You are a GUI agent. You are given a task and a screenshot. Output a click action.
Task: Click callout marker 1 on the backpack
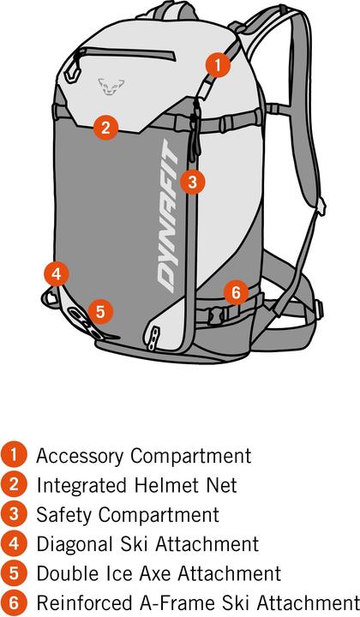(x=218, y=63)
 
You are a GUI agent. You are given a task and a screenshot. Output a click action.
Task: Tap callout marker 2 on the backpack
(x=105, y=128)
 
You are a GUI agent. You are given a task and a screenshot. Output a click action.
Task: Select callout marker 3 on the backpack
(x=192, y=181)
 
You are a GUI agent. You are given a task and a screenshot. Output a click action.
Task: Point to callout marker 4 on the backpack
(x=56, y=274)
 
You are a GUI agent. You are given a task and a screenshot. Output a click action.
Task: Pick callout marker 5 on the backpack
(x=99, y=310)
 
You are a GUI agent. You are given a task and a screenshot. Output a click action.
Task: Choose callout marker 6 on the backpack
(x=236, y=291)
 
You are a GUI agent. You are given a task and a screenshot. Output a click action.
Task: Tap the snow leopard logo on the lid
(x=107, y=84)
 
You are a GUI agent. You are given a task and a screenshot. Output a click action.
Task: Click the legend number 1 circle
(x=15, y=456)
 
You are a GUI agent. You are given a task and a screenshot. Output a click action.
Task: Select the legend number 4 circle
(x=15, y=543)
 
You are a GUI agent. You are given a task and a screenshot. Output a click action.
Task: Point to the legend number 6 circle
(x=15, y=602)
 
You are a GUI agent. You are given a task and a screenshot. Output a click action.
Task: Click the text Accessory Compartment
(x=143, y=456)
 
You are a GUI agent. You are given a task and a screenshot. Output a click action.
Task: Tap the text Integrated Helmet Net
(x=135, y=485)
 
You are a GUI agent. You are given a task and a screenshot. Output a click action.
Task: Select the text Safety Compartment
(x=127, y=514)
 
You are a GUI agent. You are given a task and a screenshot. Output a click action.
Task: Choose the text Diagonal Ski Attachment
(x=147, y=543)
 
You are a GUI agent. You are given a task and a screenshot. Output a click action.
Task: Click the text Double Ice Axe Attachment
(x=158, y=572)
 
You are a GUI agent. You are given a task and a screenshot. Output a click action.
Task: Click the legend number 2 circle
(x=15, y=485)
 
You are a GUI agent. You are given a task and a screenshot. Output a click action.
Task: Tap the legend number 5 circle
(x=15, y=572)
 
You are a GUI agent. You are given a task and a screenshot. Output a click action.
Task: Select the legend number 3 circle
(x=15, y=514)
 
